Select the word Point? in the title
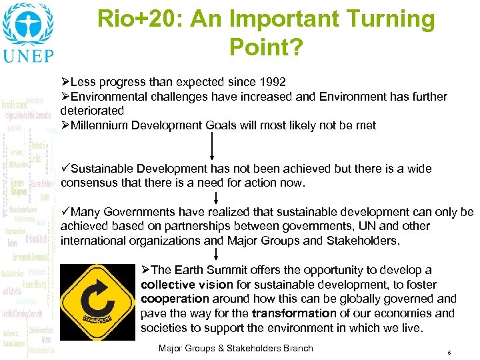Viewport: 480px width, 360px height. click(x=265, y=47)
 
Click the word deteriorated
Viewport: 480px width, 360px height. click(x=92, y=111)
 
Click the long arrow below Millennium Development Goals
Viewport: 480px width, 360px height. click(x=212, y=146)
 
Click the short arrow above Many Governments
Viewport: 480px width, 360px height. click(x=216, y=198)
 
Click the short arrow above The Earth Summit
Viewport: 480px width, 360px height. click(x=216, y=254)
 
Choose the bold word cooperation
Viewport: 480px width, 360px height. click(x=175, y=299)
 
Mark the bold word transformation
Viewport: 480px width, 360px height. click(x=294, y=313)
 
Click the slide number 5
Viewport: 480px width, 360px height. click(x=449, y=351)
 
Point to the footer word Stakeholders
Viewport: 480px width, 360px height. click(x=256, y=348)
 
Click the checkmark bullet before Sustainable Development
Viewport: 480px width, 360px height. click(x=65, y=168)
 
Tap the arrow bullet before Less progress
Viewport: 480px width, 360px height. click(x=65, y=82)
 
